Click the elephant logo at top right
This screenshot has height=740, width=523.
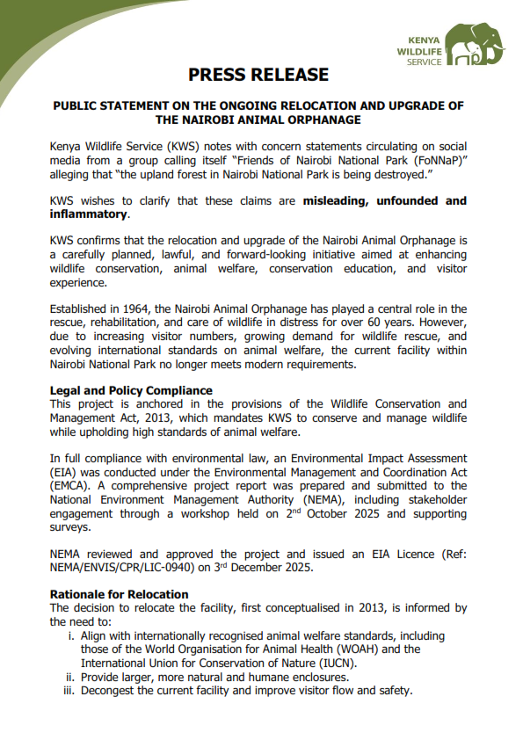tap(476, 45)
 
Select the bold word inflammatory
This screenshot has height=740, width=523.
tap(89, 214)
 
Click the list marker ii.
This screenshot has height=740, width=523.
tap(69, 677)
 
